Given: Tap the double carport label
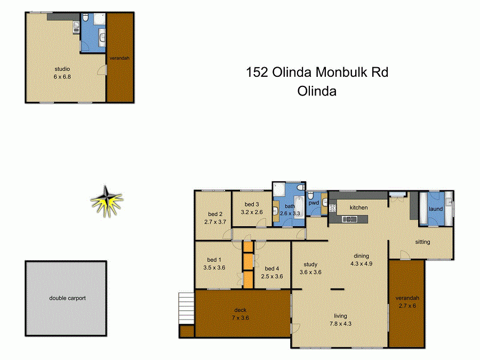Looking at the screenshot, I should pos(67,298).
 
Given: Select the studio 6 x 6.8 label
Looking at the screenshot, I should pos(62,73).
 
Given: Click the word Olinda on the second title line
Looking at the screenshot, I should pos(317,91).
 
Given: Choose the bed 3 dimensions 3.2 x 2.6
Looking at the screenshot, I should pos(251,212).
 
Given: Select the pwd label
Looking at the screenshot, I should pos(314,203).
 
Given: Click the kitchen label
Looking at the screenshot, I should pos(358,207).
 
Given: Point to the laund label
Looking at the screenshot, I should pos(436,209).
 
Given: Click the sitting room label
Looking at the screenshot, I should pos(422,242).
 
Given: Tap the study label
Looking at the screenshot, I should pos(310,264).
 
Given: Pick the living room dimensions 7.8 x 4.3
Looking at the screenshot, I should pos(340,323).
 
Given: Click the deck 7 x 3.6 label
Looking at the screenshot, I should pos(241,314).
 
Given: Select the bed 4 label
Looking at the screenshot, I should pos(272,268).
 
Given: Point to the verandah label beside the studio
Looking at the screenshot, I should pos(119,58).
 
